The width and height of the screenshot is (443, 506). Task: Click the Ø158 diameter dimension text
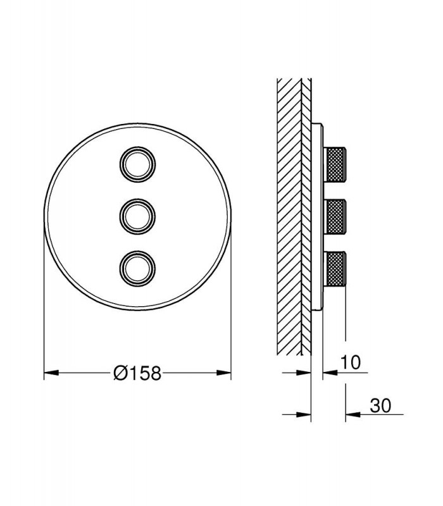pyautogui.click(x=137, y=373)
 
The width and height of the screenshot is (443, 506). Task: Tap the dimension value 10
pyautogui.click(x=351, y=362)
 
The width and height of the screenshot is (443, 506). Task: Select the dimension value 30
pyautogui.click(x=380, y=405)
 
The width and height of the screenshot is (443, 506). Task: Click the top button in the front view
pyautogui.click(x=137, y=164)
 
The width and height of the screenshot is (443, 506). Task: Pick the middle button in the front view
pyautogui.click(x=137, y=216)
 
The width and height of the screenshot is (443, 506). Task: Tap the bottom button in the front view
pyautogui.click(x=137, y=268)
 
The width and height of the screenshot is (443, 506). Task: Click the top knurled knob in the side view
pyautogui.click(x=335, y=164)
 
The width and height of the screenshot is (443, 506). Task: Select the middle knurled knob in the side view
pyautogui.click(x=335, y=216)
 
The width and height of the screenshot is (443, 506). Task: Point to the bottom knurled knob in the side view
pyautogui.click(x=335, y=268)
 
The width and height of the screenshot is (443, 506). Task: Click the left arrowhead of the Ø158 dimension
pyautogui.click(x=51, y=373)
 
